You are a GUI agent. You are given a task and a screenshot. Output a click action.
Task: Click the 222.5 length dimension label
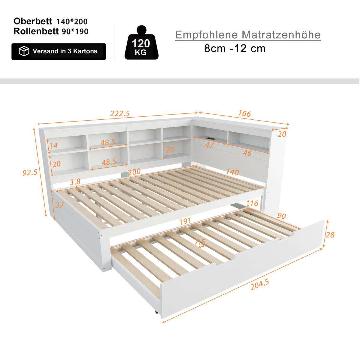tap(120, 114)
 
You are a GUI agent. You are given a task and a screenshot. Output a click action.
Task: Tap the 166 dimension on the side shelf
tap(244, 114)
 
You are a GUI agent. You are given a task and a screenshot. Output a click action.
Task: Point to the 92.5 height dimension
tap(30, 172)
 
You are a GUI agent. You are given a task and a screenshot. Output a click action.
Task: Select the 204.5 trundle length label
tap(260, 285)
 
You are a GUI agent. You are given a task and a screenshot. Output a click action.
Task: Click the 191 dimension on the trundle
tap(185, 221)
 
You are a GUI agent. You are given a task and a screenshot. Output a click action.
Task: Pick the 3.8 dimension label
tap(75, 182)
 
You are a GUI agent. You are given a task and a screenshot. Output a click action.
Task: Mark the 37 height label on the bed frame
tap(60, 205)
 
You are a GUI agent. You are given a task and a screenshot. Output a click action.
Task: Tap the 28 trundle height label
tap(330, 235)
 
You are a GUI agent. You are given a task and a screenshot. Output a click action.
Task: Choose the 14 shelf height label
tap(53, 146)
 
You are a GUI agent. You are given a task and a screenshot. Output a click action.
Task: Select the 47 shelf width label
tap(209, 145)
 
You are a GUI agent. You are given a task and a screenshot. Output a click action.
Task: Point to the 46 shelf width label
tap(247, 153)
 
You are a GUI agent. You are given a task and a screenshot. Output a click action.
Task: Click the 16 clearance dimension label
tap(254, 204)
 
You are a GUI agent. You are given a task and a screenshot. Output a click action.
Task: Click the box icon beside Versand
tap(24, 51)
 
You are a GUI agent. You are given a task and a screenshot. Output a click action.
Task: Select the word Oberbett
tap(33, 21)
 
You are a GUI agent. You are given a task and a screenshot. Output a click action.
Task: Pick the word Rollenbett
tap(36, 31)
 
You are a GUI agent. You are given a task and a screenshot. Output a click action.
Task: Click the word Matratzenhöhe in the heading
tap(281, 35)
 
